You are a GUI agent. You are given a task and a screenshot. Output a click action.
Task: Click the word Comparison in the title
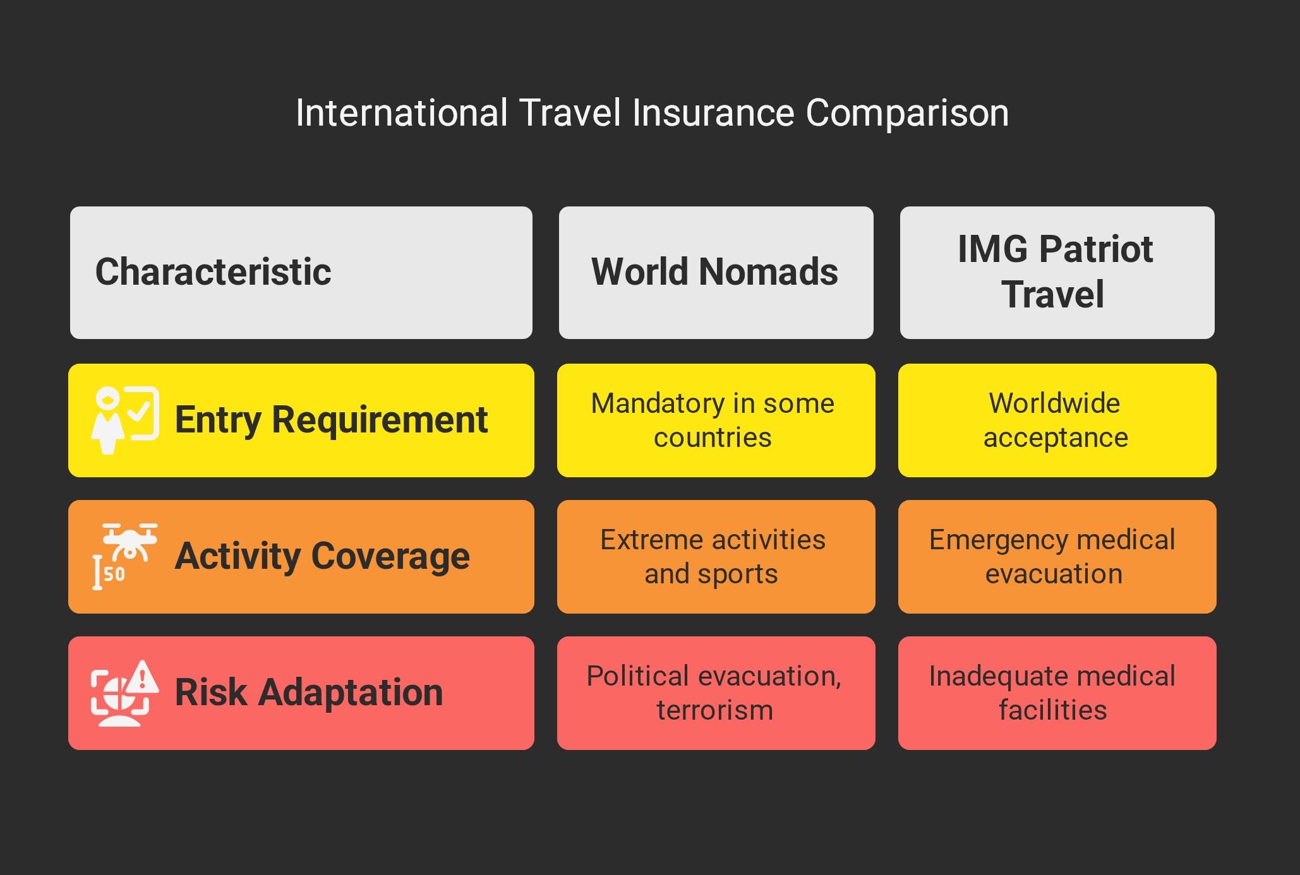[907, 114]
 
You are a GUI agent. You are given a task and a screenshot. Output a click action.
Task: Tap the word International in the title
[402, 113]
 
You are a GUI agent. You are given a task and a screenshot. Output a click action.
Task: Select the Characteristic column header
[301, 273]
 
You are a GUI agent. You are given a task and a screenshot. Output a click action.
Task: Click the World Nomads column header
[716, 273]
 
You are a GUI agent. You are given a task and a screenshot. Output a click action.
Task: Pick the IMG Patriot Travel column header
[1057, 273]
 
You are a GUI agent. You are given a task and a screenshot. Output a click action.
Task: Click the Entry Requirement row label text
[331, 420]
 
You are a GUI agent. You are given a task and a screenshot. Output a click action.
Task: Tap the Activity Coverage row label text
[322, 556]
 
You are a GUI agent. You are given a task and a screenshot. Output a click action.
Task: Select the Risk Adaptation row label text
[309, 692]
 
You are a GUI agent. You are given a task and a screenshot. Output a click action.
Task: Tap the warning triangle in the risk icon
[143, 677]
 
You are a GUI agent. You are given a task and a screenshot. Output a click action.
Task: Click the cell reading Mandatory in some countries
[716, 420]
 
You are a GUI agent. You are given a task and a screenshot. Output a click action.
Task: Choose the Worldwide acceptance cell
[1057, 420]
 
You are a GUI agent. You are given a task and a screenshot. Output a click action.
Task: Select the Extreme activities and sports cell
[716, 557]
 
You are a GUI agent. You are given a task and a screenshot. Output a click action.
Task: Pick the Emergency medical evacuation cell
[1057, 557]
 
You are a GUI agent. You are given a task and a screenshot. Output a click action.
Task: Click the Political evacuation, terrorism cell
[716, 693]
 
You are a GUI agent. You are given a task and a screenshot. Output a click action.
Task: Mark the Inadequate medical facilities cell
[1057, 693]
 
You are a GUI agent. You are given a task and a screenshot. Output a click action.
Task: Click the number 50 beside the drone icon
[114, 574]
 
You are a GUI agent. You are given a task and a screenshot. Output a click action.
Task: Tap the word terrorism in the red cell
[715, 710]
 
